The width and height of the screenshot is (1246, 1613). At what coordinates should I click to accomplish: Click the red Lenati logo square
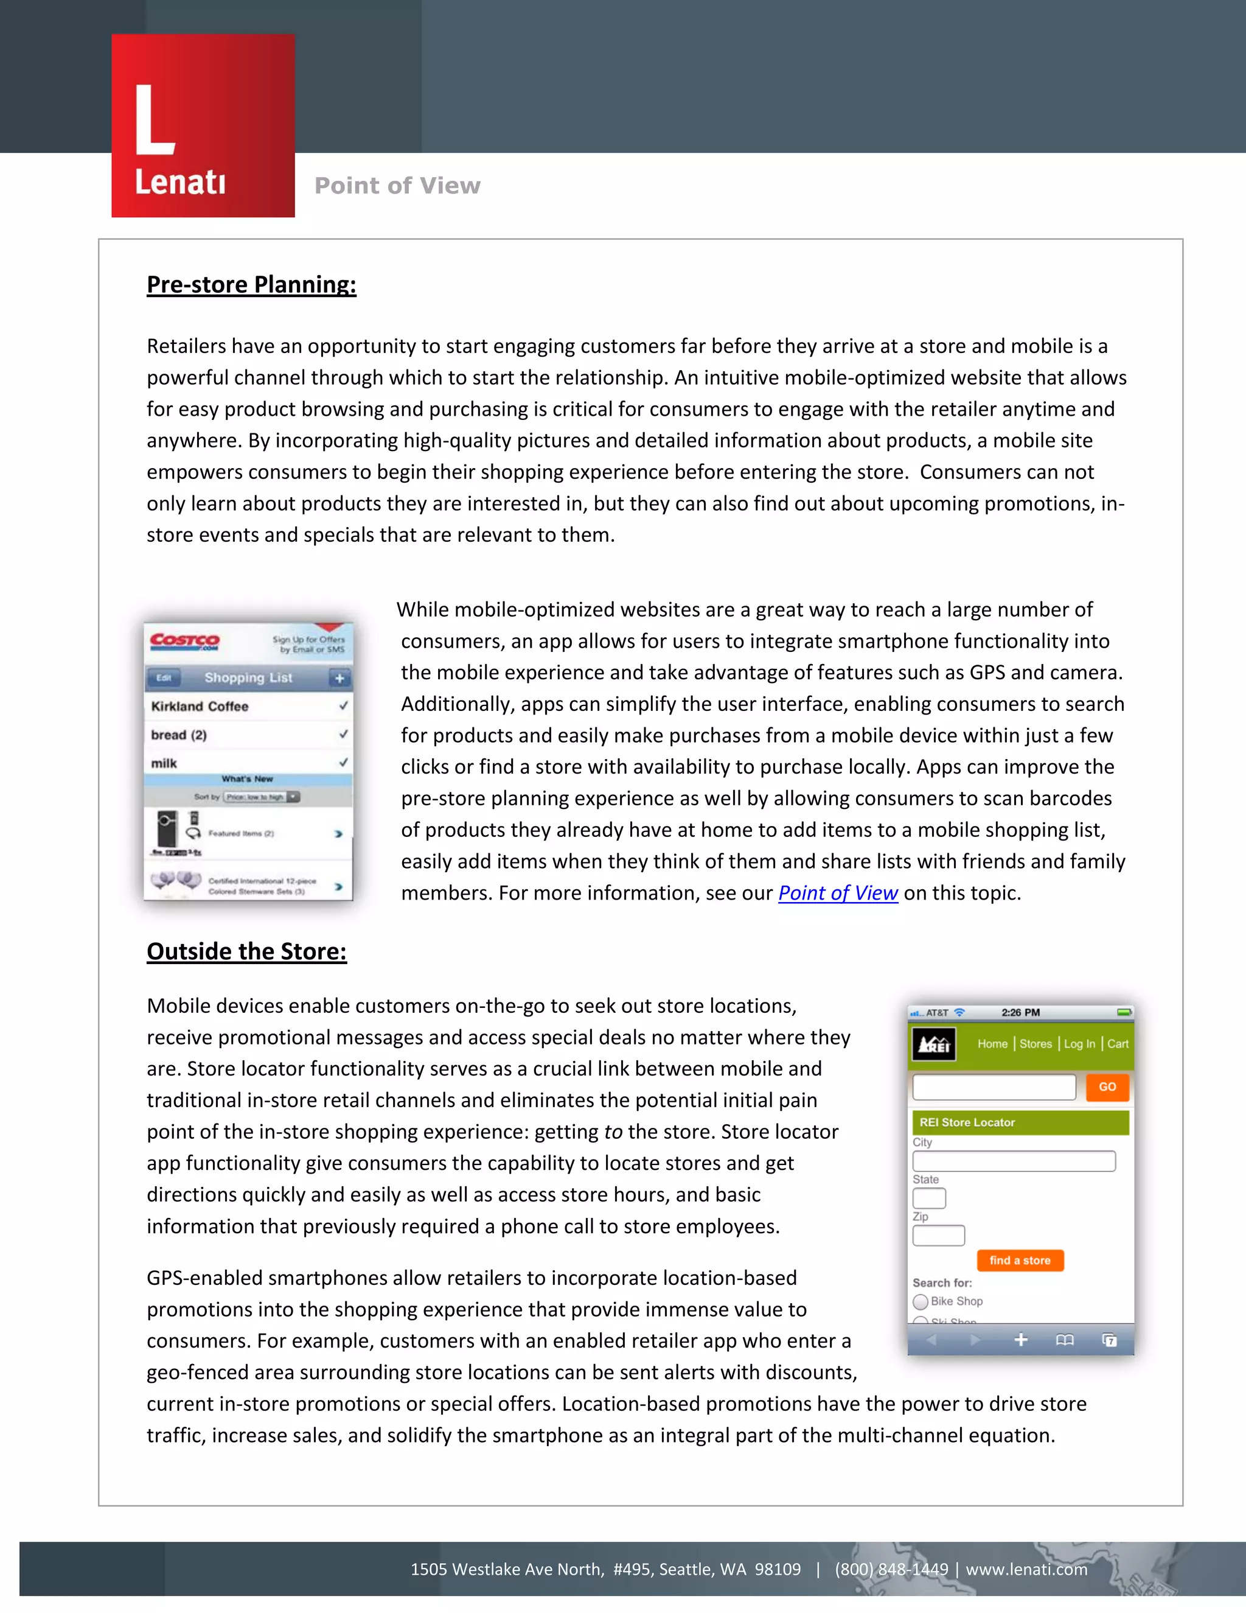(203, 125)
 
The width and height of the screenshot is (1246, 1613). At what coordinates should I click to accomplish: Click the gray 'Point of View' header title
(397, 186)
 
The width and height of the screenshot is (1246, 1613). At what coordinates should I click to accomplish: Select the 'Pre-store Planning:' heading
(251, 284)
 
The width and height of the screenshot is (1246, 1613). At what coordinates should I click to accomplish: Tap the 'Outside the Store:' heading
(246, 951)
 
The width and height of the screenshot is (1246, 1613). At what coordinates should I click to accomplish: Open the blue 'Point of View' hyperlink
(838, 893)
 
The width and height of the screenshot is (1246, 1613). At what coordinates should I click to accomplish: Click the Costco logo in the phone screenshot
(184, 641)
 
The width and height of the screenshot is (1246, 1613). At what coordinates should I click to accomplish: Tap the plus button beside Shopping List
(339, 678)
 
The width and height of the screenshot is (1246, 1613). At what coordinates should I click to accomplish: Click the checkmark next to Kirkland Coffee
(343, 706)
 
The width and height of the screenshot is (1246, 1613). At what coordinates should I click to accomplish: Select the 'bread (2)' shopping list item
(179, 735)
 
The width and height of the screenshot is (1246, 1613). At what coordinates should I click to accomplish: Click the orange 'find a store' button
(1020, 1261)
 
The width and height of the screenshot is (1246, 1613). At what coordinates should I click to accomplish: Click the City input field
(1014, 1161)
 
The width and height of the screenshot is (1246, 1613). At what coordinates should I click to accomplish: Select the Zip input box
(938, 1236)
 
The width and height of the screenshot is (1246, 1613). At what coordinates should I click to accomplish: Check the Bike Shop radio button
(921, 1301)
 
